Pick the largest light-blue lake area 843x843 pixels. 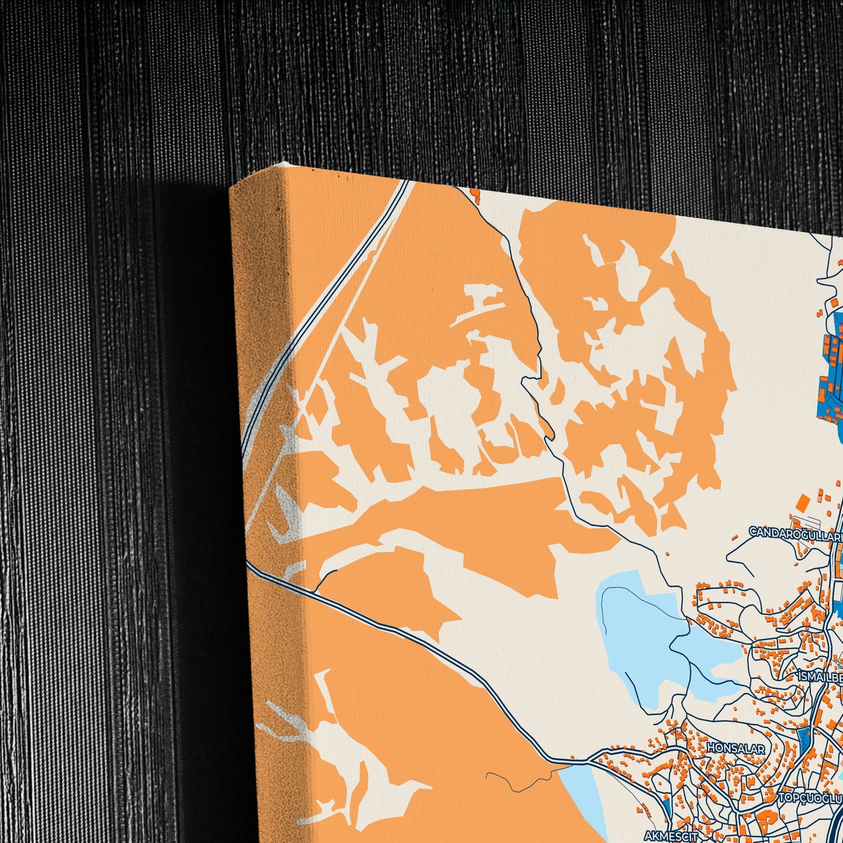tap(642, 630)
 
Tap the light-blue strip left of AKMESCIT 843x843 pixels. tap(583, 793)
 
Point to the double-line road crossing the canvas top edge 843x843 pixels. tap(403, 186)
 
